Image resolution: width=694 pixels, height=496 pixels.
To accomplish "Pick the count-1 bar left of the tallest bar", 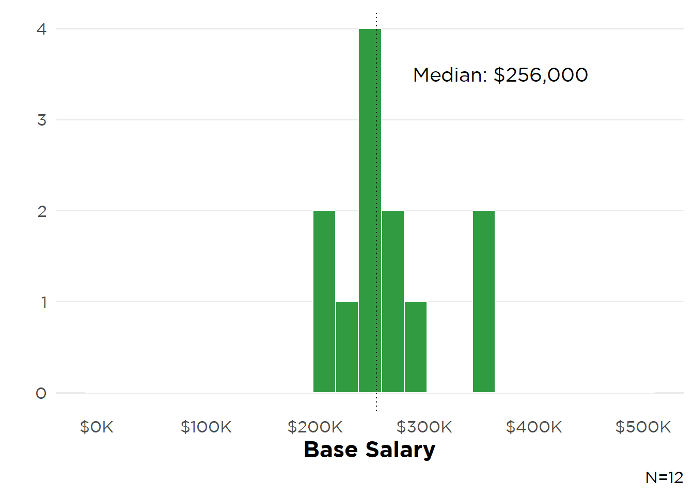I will [x=347, y=347].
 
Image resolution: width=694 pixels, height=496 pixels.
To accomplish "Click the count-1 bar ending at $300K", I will [x=416, y=347].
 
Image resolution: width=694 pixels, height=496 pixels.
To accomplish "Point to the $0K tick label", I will [x=97, y=427].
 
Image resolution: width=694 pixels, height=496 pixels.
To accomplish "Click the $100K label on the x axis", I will [x=206, y=427].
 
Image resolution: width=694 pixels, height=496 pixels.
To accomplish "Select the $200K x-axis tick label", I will [x=315, y=427].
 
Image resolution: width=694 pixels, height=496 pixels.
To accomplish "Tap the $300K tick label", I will [x=424, y=427].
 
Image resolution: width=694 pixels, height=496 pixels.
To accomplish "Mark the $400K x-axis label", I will [x=534, y=427].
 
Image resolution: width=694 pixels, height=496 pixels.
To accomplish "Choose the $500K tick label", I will [x=643, y=427].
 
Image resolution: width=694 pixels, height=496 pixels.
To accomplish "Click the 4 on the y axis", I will [x=42, y=29].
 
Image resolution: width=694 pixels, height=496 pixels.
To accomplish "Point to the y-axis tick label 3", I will [x=42, y=120].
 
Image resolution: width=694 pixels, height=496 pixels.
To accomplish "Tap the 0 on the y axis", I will [x=41, y=393].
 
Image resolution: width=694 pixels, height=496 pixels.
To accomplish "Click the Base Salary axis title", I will [x=370, y=450].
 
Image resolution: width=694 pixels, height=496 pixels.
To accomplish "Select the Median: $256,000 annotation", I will [x=500, y=75].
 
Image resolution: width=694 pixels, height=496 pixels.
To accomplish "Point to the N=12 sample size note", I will [x=664, y=478].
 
